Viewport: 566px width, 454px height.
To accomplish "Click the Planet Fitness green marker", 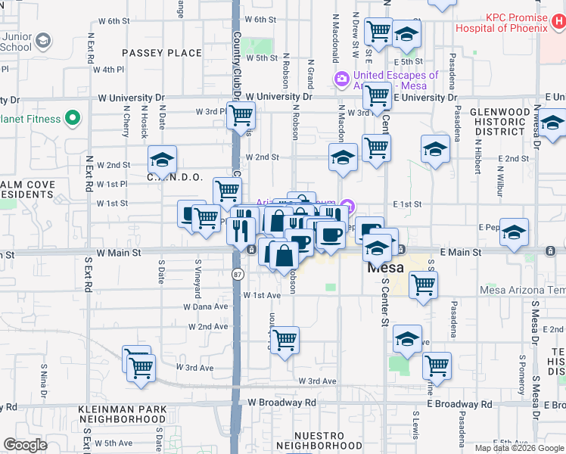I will pyautogui.click(x=73, y=118).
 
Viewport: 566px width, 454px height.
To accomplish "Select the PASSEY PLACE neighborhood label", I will pyautogui.click(x=162, y=53).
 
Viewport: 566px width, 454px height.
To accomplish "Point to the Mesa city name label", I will pyautogui.click(x=386, y=268).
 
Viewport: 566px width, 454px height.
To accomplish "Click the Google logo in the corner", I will pyautogui.click(x=25, y=444).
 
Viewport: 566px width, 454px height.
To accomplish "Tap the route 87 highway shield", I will pyautogui.click(x=238, y=273).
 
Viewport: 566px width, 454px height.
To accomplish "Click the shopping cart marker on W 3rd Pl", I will pyautogui.click(x=241, y=116).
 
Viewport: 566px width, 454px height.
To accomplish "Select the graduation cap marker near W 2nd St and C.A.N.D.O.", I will pyautogui.click(x=162, y=159).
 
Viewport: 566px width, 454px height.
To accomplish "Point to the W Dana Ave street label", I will pyautogui.click(x=205, y=306).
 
